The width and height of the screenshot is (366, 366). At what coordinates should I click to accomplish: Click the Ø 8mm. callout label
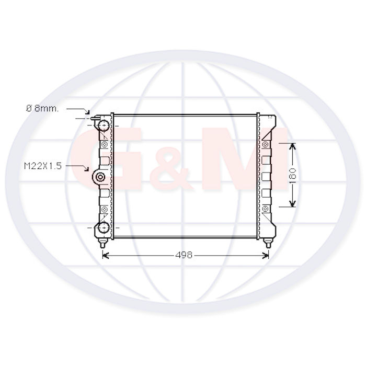(42, 109)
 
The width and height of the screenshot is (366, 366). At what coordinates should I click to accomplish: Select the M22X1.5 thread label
(43, 166)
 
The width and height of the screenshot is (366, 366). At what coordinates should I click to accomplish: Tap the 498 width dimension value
(184, 255)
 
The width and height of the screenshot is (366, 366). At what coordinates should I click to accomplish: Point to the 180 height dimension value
(292, 176)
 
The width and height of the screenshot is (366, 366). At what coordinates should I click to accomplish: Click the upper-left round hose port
(104, 126)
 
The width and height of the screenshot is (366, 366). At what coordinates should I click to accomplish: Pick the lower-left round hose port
(104, 227)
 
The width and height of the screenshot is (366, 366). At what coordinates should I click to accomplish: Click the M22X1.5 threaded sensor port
(100, 177)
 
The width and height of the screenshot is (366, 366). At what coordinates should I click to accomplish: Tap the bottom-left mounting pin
(102, 243)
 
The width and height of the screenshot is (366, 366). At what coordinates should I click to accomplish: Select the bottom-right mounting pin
(268, 243)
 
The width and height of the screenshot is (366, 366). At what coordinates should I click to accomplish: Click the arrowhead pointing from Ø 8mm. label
(87, 112)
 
